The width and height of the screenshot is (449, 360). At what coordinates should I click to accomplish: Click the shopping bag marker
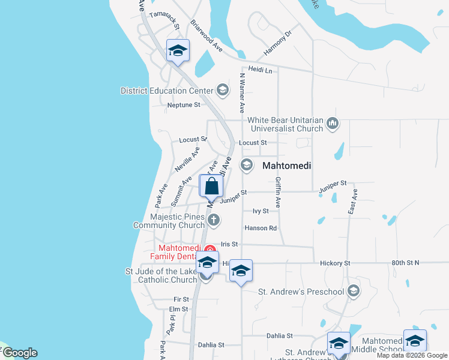pyautogui.click(x=212, y=187)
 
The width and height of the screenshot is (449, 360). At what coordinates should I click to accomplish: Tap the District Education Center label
pyautogui.click(x=167, y=91)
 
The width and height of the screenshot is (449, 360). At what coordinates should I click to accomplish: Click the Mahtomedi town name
pyautogui.click(x=286, y=165)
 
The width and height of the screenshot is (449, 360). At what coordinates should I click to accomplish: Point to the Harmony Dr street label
pyautogui.click(x=277, y=41)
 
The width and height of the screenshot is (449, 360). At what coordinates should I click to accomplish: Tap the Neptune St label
pyautogui.click(x=184, y=105)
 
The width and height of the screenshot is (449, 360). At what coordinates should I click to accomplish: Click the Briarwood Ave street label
pyautogui.click(x=207, y=36)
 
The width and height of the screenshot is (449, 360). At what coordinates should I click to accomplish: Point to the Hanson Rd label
pyautogui.click(x=261, y=228)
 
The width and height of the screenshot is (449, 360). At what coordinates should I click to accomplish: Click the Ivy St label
pyautogui.click(x=261, y=211)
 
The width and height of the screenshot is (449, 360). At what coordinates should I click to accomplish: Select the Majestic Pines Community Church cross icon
pyautogui.click(x=213, y=220)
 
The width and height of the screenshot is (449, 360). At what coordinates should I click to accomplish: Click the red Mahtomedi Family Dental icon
pyautogui.click(x=209, y=249)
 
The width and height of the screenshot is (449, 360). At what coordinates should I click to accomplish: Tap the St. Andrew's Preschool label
pyautogui.click(x=301, y=292)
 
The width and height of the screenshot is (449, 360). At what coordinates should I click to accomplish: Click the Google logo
pyautogui.click(x=19, y=353)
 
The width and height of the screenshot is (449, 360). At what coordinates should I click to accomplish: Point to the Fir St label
pyautogui.click(x=181, y=299)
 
